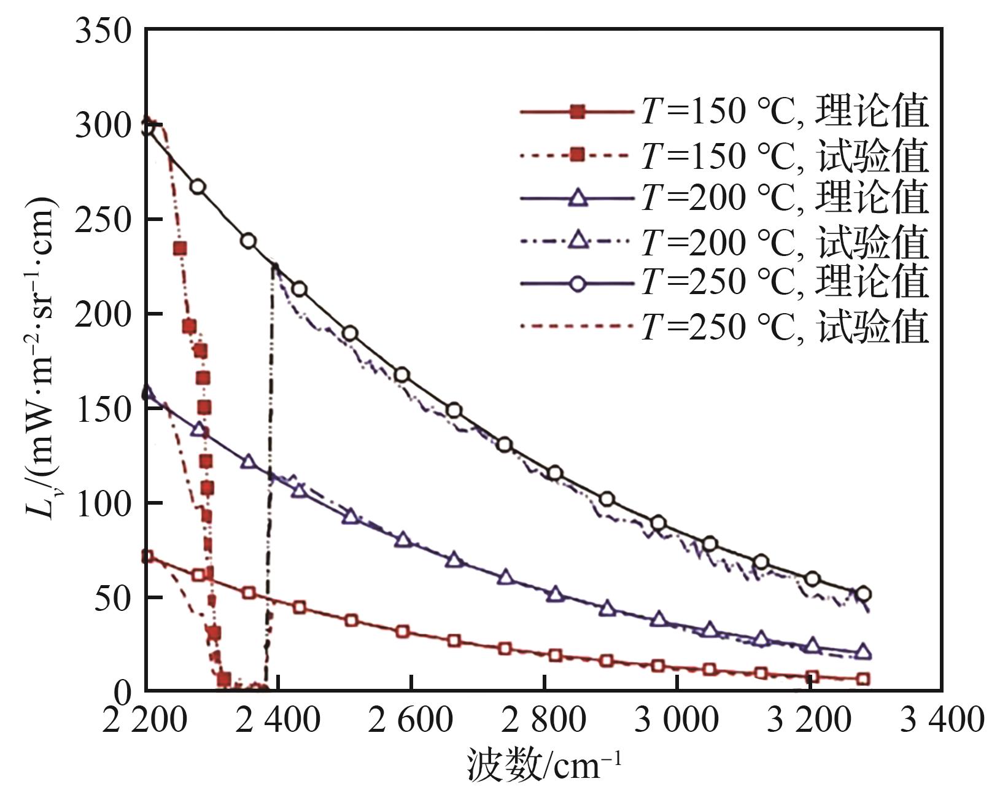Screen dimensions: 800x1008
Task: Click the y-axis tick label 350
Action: coord(103,31)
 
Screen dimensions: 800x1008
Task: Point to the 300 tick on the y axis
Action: coord(103,126)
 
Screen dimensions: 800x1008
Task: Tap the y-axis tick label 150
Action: coord(103,408)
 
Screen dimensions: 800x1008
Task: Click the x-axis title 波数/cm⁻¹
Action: coord(545,765)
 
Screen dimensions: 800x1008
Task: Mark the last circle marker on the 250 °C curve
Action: coord(864,594)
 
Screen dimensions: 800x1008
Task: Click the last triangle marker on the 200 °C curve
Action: coord(863,651)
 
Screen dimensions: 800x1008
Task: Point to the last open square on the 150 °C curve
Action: coord(863,679)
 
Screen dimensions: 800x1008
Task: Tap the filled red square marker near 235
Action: coord(180,249)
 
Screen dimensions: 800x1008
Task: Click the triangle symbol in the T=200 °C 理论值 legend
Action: coord(577,198)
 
